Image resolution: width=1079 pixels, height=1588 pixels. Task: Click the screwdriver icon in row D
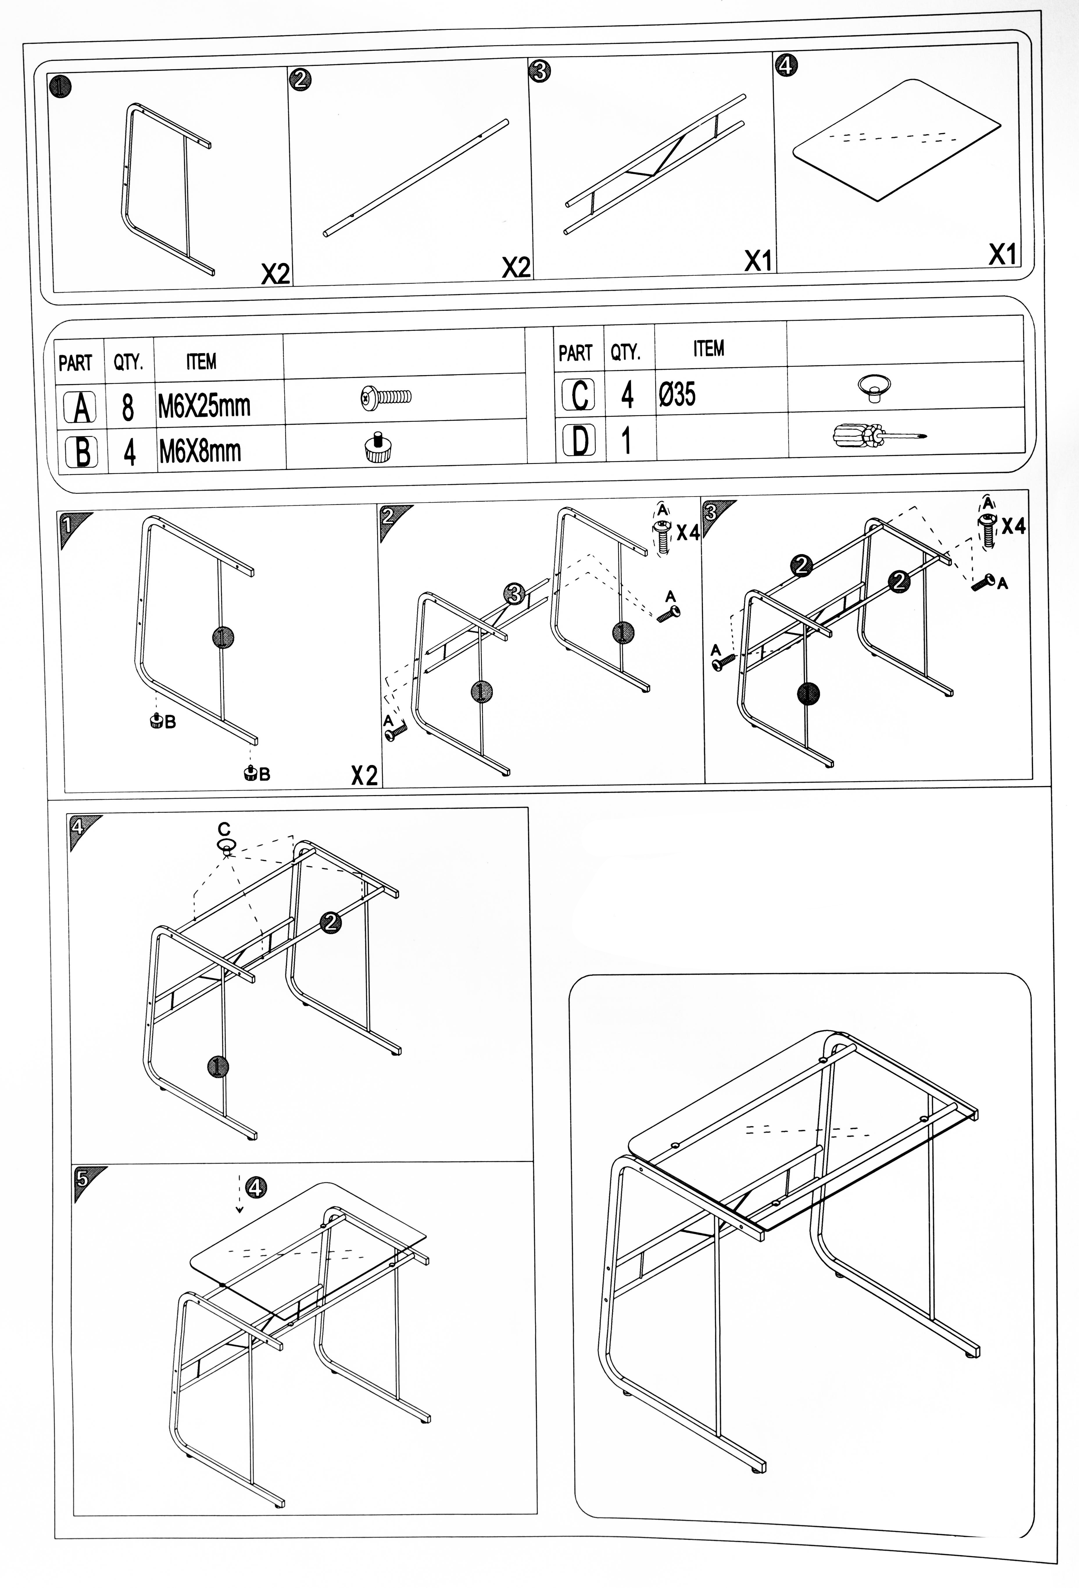pyautogui.click(x=878, y=435)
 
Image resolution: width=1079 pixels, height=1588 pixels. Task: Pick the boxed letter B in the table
pyautogui.click(x=82, y=452)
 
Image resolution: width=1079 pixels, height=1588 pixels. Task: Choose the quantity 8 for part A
pyautogui.click(x=128, y=407)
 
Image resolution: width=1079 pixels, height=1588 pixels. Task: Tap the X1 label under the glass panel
pyautogui.click(x=1002, y=255)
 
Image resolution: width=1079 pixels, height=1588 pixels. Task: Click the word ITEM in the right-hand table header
pyautogui.click(x=708, y=349)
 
